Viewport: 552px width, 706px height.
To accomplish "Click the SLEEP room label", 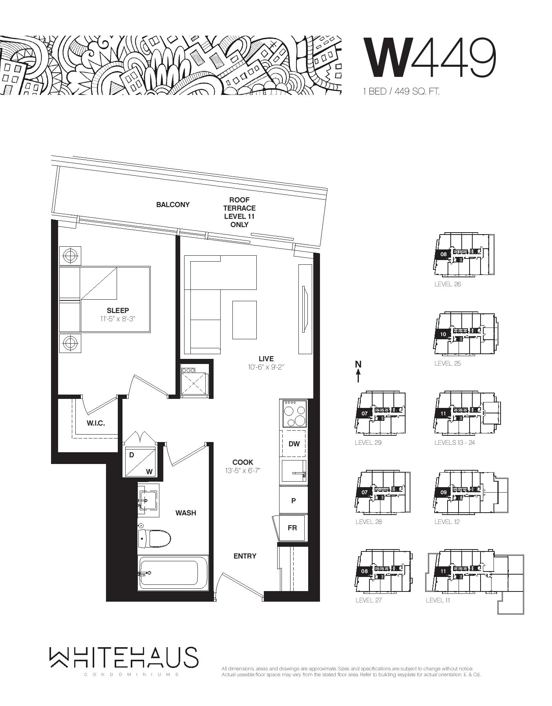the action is pos(118,311).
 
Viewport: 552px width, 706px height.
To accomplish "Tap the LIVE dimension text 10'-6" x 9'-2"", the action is pos(266,367).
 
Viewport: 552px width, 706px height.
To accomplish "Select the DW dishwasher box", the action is pos(294,444).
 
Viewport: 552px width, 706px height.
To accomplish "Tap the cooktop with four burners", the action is pos(294,413).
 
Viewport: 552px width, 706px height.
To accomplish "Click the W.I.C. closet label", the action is pos(96,423).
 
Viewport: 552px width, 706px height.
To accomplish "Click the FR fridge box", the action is pos(292,528).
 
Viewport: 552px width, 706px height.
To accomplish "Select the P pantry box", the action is pos(293,500).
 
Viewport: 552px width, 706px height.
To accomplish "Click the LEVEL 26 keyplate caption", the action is pos(448,284).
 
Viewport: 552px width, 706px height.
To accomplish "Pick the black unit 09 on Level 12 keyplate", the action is pos(443,492).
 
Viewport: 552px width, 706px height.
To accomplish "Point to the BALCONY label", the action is pos(173,204).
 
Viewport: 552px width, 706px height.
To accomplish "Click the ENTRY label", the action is pos(245,556).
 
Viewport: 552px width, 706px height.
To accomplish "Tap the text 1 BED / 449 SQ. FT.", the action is pos(401,91).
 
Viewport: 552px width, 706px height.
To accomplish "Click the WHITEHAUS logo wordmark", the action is pos(124,657).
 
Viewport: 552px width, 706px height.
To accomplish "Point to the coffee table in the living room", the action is pos(244,320).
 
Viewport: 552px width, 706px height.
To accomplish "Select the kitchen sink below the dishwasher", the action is pos(294,471).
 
